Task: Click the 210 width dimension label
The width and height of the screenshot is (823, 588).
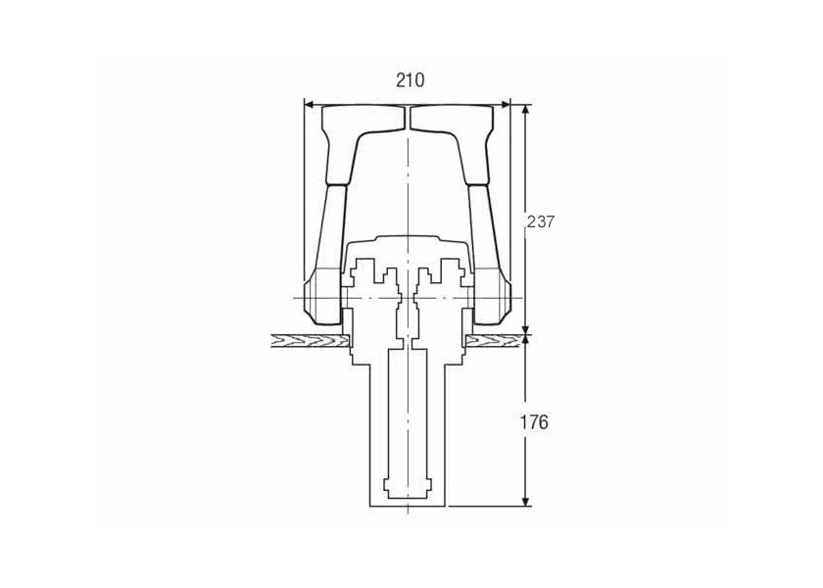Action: tap(410, 80)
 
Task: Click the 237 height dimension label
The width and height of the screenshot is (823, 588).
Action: tap(540, 222)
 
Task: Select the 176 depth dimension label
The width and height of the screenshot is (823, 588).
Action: tap(534, 421)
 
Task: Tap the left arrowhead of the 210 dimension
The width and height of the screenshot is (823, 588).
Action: tap(310, 105)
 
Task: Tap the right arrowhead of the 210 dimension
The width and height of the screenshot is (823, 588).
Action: tap(505, 105)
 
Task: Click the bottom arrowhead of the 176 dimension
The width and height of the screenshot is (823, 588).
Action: tap(525, 501)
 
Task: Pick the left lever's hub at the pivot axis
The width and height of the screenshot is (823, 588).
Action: tap(322, 298)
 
